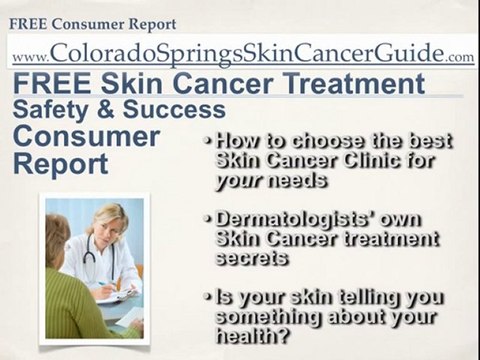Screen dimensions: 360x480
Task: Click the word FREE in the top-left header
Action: [28, 23]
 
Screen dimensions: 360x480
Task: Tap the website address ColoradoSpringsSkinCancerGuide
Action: [246, 52]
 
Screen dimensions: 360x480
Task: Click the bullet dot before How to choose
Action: [205, 139]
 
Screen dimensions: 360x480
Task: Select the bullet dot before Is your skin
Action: [205, 297]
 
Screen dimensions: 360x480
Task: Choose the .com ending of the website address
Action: [460, 58]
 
